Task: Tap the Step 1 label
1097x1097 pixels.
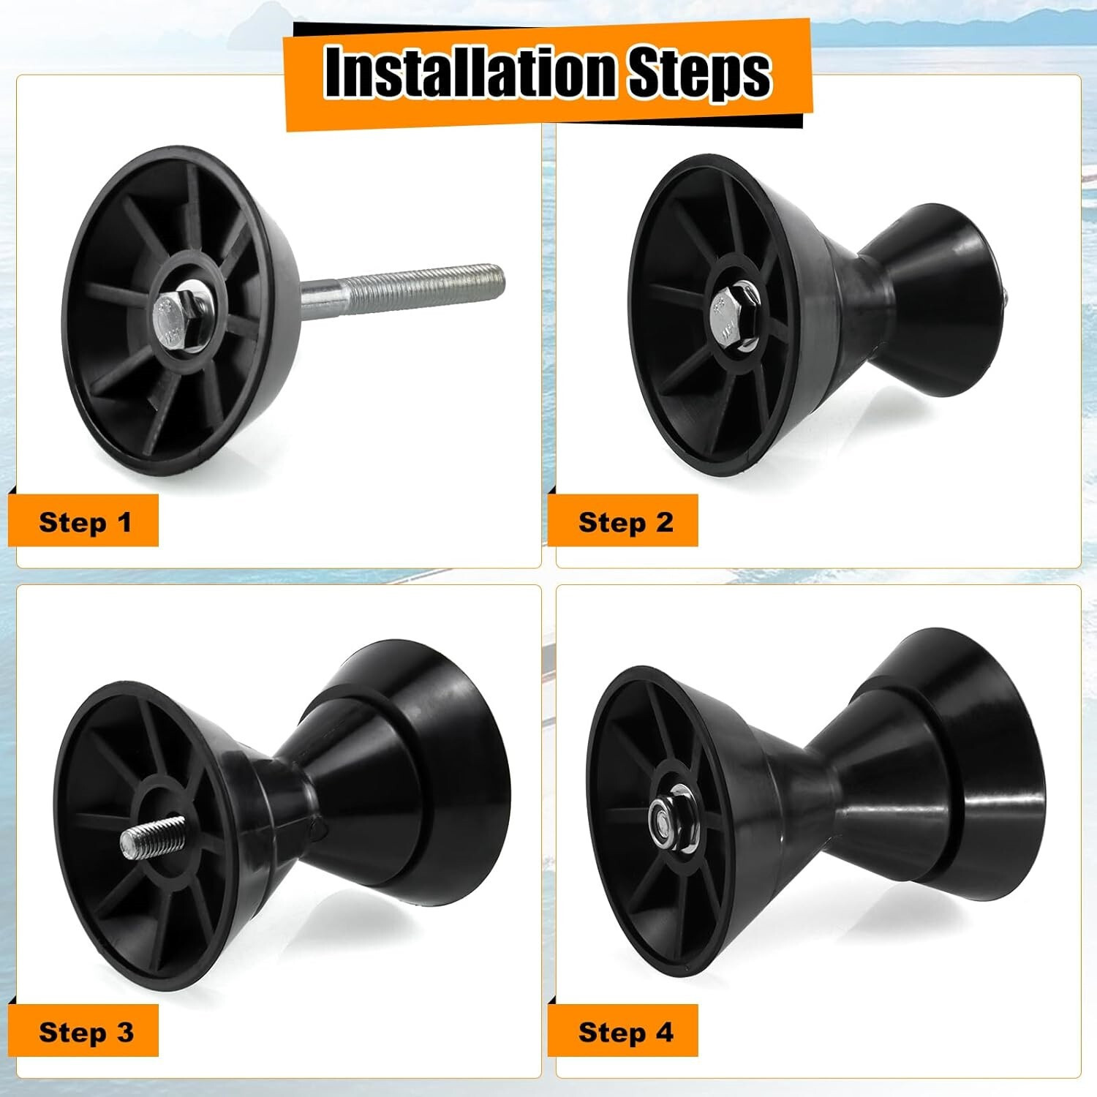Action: [x=86, y=522]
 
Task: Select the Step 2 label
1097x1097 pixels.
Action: [x=625, y=522]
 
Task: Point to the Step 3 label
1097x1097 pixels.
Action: [x=86, y=1032]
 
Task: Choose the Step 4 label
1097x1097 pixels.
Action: [x=625, y=1032]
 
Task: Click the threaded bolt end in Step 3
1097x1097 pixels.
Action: [x=148, y=837]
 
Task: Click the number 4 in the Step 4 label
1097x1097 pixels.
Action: [x=664, y=1032]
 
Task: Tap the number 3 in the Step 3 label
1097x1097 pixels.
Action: [x=124, y=1032]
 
